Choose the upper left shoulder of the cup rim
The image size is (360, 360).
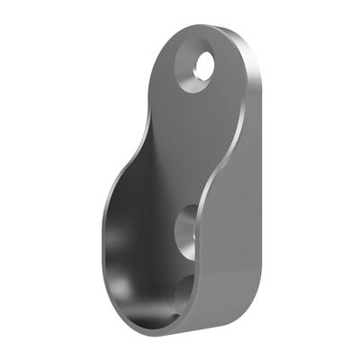pyautogui.click(x=121, y=180)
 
